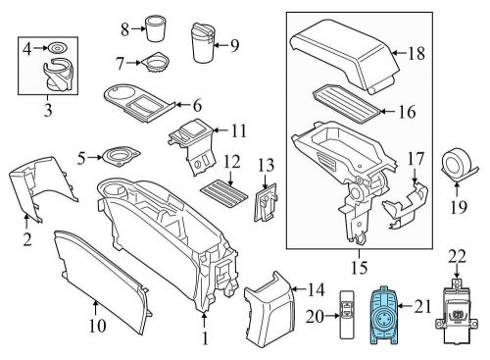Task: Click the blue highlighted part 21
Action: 383,316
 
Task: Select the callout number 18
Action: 416,53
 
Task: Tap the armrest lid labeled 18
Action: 345,56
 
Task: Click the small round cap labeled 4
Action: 58,48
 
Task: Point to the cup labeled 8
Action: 155,28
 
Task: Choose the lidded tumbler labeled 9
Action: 202,42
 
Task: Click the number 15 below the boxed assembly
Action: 359,267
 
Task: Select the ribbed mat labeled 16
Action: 347,104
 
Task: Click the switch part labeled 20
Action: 347,314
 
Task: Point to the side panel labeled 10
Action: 102,282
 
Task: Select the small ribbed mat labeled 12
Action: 225,193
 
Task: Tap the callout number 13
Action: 266,165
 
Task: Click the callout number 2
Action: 27,240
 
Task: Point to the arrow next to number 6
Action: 182,105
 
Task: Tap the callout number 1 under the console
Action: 205,338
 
